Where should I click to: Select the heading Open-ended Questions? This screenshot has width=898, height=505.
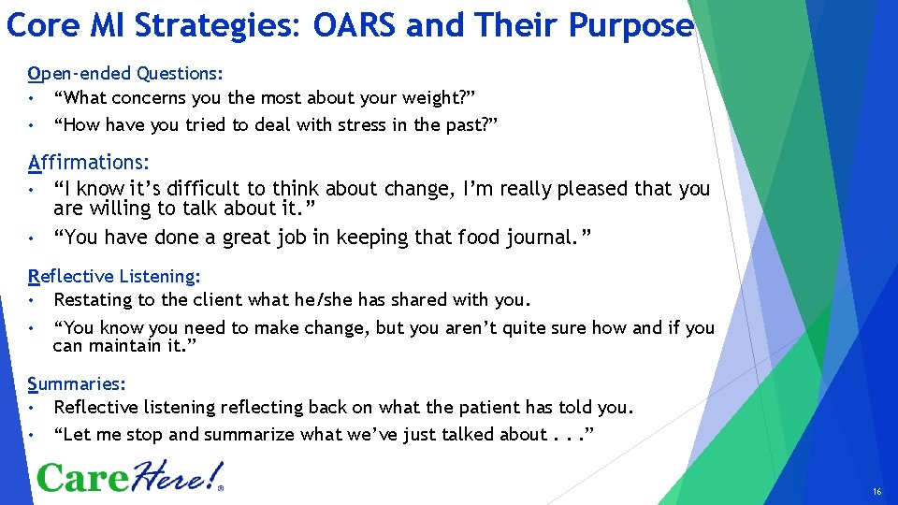(x=126, y=73)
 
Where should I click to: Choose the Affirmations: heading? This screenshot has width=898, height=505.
(x=89, y=163)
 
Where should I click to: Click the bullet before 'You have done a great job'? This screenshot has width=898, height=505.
(x=32, y=238)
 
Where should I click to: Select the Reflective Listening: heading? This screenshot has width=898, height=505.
(x=115, y=276)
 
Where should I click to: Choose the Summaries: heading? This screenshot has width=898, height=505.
(x=77, y=383)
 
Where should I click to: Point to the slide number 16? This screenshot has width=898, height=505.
(x=876, y=491)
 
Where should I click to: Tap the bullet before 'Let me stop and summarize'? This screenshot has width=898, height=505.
(x=32, y=434)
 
